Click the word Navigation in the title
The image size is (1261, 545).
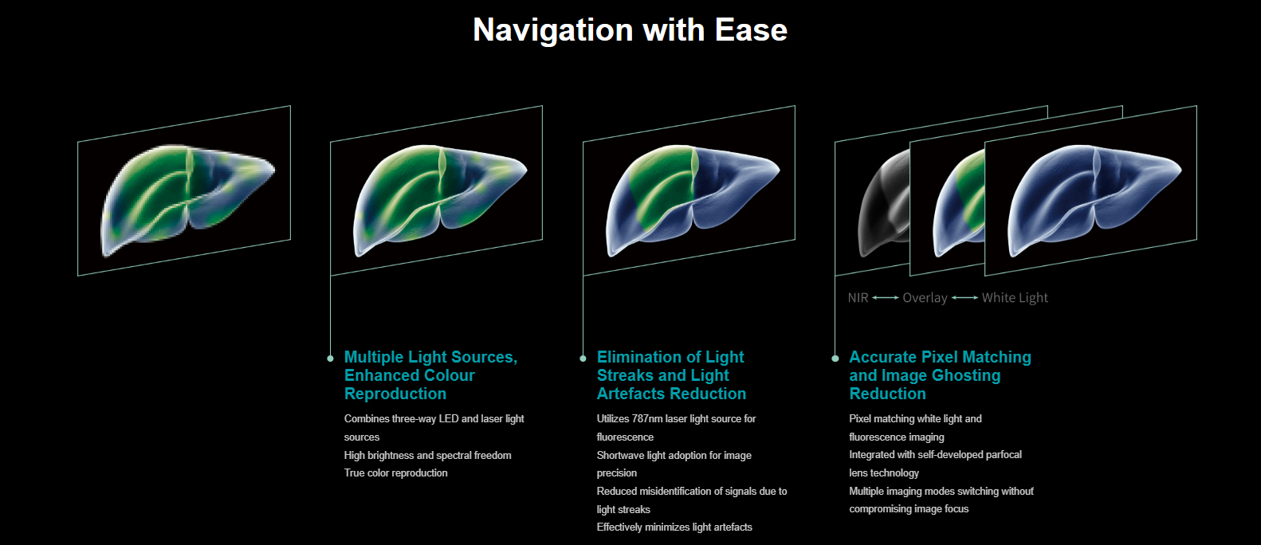coord(553,30)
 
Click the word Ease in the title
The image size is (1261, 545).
coord(751,29)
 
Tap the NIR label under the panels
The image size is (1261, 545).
coord(858,298)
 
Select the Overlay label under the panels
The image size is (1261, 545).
coord(925,298)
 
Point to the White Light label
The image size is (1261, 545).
coord(1015,298)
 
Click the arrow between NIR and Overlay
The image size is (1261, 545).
coord(886,298)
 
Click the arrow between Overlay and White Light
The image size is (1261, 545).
coord(965,298)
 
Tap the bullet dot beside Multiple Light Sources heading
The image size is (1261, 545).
coord(331,359)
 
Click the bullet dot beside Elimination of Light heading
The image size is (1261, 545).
coord(583,359)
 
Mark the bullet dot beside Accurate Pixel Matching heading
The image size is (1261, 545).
coord(835,359)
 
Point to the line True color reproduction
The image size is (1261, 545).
coord(395,473)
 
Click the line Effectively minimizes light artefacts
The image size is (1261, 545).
coord(674,527)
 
